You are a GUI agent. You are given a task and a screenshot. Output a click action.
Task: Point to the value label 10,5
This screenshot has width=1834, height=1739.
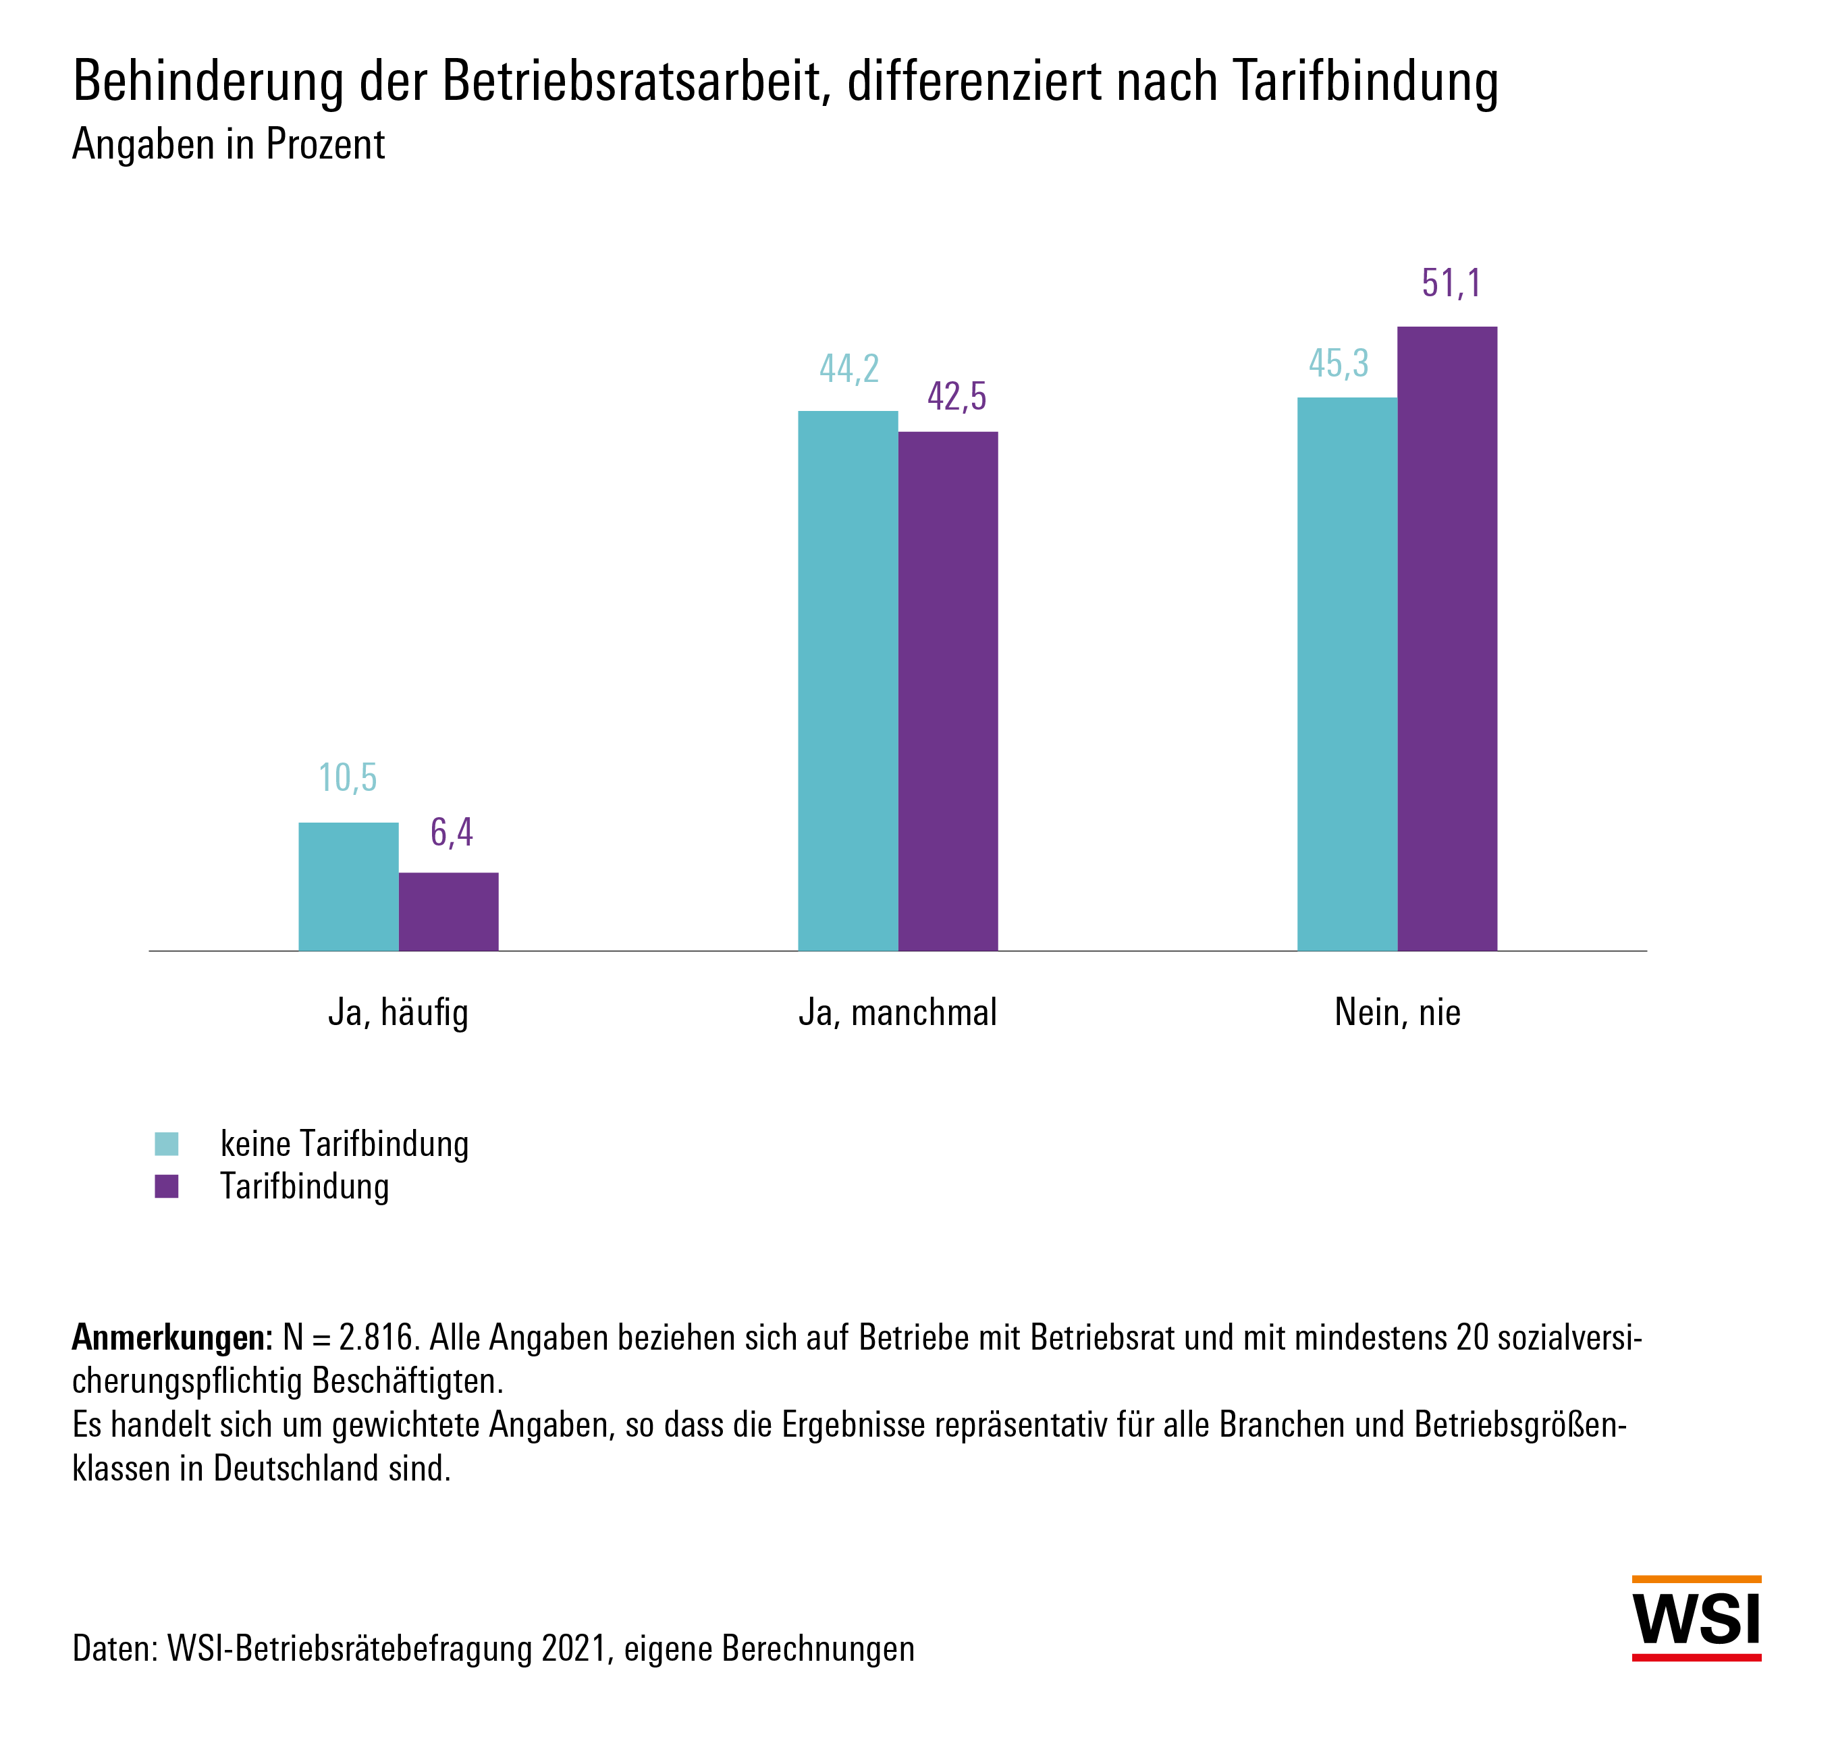point(348,779)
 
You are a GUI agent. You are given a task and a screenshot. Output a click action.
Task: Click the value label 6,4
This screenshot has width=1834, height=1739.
point(452,833)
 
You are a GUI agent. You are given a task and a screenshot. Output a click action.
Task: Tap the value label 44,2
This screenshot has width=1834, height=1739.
point(848,369)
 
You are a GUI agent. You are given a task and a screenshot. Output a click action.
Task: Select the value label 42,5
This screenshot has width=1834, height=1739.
point(957,397)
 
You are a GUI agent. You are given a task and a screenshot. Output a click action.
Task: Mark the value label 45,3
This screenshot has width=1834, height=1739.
point(1338,363)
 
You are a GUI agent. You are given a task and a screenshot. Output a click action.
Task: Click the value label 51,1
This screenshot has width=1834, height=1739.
point(1451,283)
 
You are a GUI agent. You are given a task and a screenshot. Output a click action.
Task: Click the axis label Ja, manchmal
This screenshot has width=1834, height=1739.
point(898,1012)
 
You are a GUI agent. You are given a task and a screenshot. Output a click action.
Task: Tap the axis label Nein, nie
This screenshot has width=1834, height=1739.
point(1397,1012)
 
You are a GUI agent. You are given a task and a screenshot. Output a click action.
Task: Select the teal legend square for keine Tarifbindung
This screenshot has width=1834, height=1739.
point(167,1144)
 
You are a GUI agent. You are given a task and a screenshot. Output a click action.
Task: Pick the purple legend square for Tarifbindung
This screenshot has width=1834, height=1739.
point(167,1186)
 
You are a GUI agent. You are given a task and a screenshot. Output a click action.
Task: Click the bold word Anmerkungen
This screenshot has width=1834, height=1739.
point(171,1337)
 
